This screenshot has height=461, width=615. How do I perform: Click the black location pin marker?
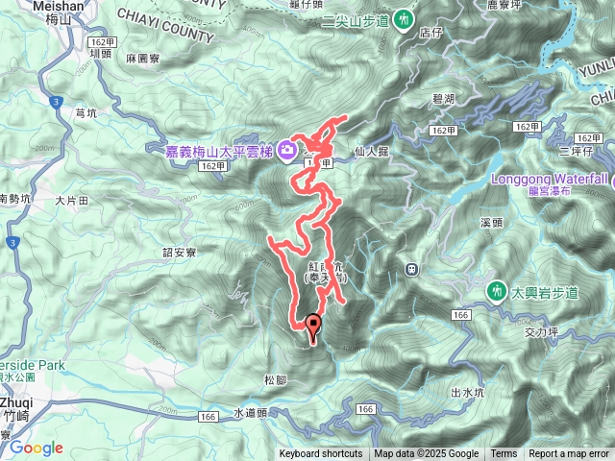312,327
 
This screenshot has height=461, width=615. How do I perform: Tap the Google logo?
36,448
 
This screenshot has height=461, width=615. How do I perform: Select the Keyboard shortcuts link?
321,454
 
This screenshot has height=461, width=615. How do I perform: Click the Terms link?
504,454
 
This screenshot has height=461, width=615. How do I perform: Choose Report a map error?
569,454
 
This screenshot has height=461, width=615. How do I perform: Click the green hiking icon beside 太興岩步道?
497,289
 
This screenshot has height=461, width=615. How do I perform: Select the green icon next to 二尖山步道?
405,18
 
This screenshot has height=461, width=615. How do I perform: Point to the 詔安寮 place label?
180,253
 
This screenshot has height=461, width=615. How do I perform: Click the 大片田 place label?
72,201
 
